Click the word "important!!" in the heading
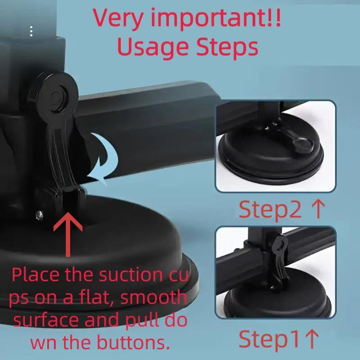pyautogui.click(x=216, y=19)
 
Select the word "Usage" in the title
pyautogui.click(x=153, y=48)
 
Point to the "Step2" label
pyautogui.click(x=270, y=209)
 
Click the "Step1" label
pyautogui.click(x=269, y=339)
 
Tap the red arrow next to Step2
pyautogui.click(x=318, y=209)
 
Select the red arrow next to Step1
pyautogui.click(x=312, y=339)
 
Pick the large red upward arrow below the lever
pyautogui.click(x=68, y=234)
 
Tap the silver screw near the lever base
pyautogui.click(x=39, y=216)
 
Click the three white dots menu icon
pyautogui.click(x=31, y=31)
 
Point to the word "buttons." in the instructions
pyautogui.click(x=134, y=342)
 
